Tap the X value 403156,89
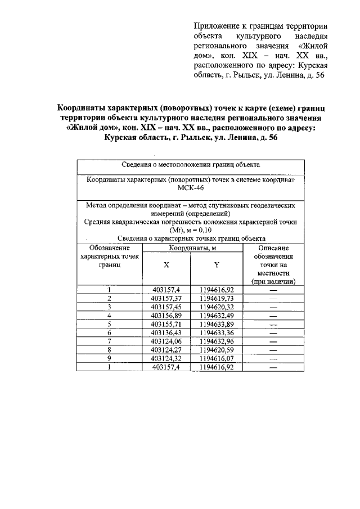[x=166, y=316]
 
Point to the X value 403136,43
[x=166, y=333]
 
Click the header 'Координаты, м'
[x=192, y=248]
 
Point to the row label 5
[x=110, y=325]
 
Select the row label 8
[x=110, y=350]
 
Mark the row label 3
[x=110, y=308]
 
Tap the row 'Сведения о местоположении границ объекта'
[x=191, y=165]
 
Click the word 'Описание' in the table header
[x=273, y=248]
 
